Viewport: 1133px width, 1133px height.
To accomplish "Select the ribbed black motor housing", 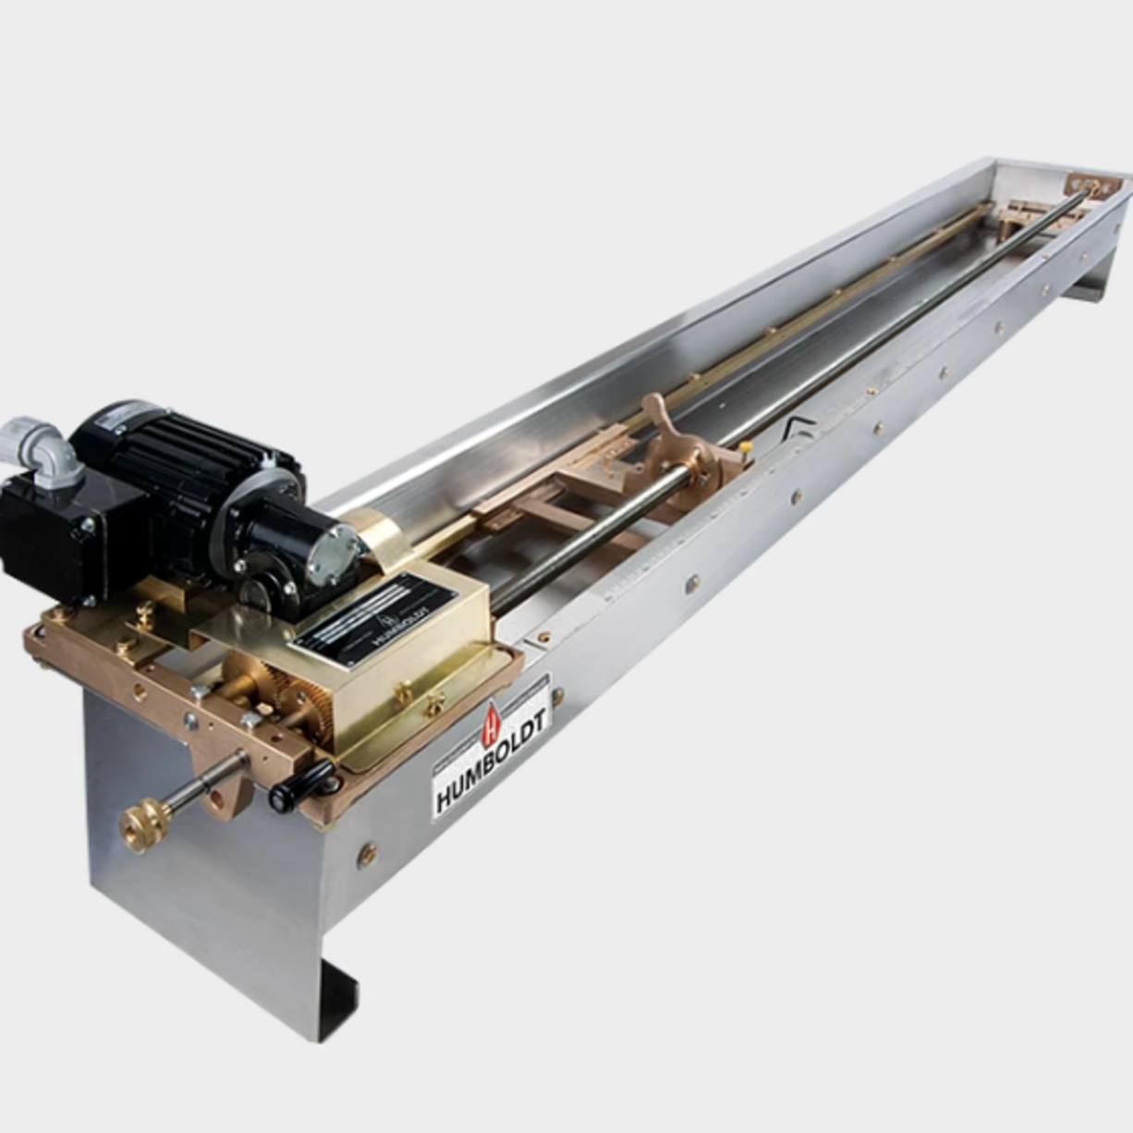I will tap(185, 462).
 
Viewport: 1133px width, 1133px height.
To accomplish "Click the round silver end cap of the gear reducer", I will tap(334, 555).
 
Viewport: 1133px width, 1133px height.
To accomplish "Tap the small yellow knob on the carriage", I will tap(745, 447).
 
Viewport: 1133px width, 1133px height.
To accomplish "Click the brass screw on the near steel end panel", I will tap(367, 854).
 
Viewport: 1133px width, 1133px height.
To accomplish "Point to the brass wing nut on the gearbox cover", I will tap(405, 691).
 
